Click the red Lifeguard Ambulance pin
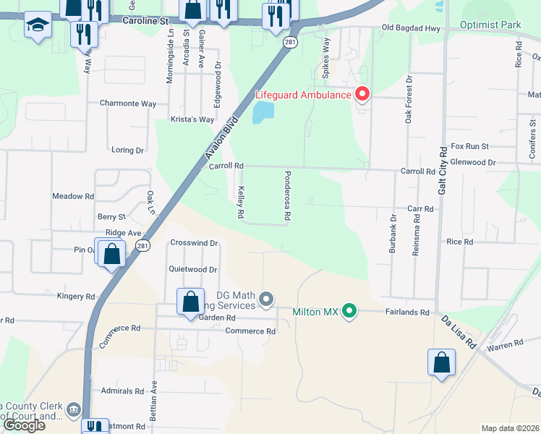coord(362,95)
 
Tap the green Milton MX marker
coord(349,312)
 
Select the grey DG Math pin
coord(267,298)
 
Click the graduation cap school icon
coord(38,25)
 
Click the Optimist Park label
coord(490,25)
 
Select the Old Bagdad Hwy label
coord(410,29)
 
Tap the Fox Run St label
coord(470,146)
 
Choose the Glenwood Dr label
coord(473,163)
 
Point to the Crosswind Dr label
coord(194,243)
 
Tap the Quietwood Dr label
coord(193,270)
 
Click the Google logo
coord(24,425)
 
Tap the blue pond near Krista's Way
coord(263,112)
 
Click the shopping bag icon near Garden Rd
coord(189,302)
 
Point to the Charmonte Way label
coord(128,103)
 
